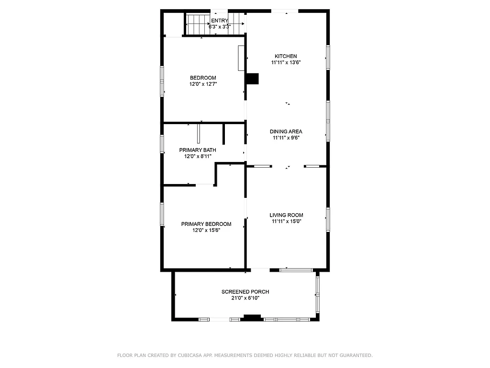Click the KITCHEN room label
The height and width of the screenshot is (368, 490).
(x=286, y=56)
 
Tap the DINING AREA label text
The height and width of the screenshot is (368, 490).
(x=286, y=131)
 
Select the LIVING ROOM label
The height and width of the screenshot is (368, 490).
(x=286, y=215)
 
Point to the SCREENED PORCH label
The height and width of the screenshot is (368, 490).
(x=245, y=292)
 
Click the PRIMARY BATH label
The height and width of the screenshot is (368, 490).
(x=197, y=150)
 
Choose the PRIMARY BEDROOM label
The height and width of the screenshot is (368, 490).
(x=206, y=224)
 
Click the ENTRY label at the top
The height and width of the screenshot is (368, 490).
(x=220, y=21)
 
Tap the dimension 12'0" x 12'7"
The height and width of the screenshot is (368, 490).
(x=203, y=84)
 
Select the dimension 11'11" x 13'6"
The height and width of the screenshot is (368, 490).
(x=286, y=62)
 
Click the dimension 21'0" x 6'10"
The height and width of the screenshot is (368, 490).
(x=245, y=298)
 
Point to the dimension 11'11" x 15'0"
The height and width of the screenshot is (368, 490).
(x=286, y=221)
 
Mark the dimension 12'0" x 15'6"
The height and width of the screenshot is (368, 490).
(x=206, y=230)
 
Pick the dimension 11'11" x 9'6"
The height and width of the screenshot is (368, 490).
(x=286, y=138)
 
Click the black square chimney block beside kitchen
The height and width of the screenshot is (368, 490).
(x=252, y=79)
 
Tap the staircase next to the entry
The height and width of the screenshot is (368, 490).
(x=196, y=24)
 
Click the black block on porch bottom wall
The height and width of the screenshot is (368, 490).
(x=252, y=317)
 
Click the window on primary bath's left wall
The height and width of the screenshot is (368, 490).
(x=162, y=144)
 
